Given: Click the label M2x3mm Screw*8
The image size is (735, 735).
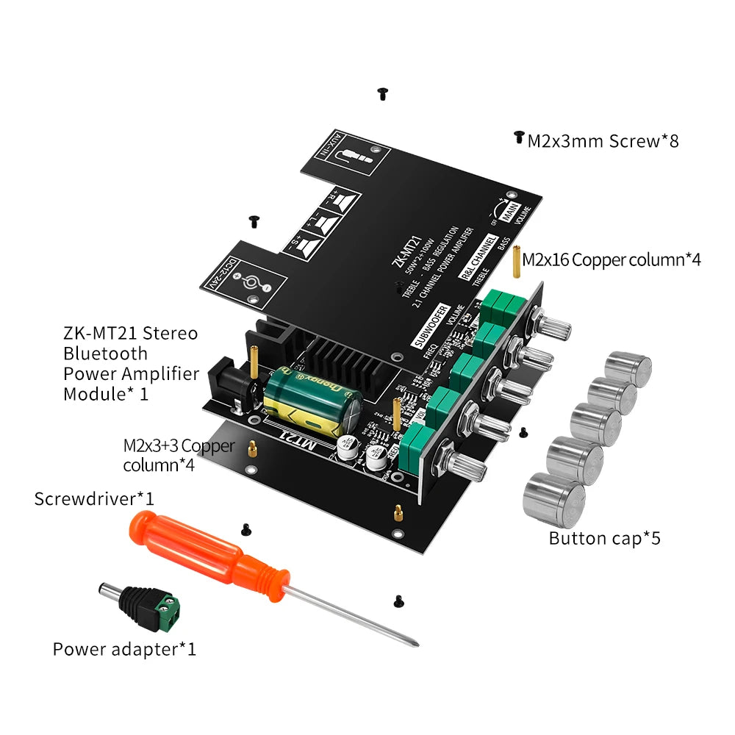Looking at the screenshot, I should click(603, 140).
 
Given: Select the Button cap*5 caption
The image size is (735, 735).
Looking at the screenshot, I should click(604, 538).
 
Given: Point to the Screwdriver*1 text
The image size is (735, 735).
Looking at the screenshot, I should click(94, 499).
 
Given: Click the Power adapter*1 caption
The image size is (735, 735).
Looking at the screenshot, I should click(124, 649).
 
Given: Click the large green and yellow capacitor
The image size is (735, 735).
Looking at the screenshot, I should click(312, 401).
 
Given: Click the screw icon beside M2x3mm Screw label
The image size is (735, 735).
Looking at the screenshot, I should click(518, 137).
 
